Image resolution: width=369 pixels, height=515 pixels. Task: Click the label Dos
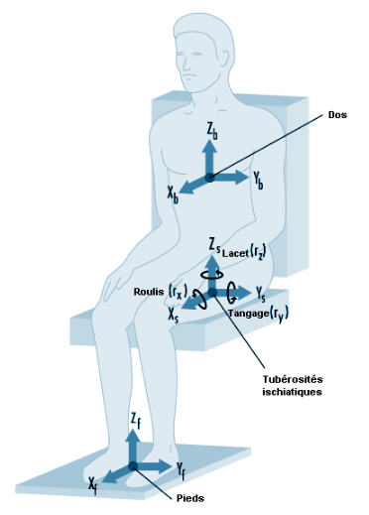click(x=337, y=115)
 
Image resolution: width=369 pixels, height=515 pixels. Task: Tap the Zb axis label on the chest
click(x=212, y=131)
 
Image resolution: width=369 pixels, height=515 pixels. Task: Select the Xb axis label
click(x=173, y=194)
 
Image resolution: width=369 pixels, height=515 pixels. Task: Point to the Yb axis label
click(x=258, y=181)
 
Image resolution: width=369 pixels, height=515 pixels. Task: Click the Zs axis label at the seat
click(x=214, y=247)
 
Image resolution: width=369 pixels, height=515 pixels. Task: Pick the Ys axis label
click(x=261, y=294)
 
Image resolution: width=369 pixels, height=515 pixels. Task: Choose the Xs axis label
click(x=174, y=315)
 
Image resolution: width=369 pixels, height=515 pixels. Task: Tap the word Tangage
click(x=249, y=313)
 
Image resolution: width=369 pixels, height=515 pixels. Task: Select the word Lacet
click(x=235, y=253)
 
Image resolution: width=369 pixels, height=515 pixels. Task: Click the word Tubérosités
click(x=293, y=379)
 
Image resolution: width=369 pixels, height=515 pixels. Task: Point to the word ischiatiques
click(x=292, y=392)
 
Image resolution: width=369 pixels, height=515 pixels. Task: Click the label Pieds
click(x=189, y=498)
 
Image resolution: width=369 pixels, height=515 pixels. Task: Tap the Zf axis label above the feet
click(x=135, y=421)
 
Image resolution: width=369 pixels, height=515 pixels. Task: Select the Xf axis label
click(x=93, y=485)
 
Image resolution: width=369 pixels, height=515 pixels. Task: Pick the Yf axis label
click(x=181, y=471)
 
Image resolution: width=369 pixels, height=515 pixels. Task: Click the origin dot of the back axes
click(x=209, y=178)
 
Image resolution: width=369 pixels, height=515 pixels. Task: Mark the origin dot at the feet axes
click(x=133, y=466)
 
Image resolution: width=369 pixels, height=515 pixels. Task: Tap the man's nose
click(x=186, y=64)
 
